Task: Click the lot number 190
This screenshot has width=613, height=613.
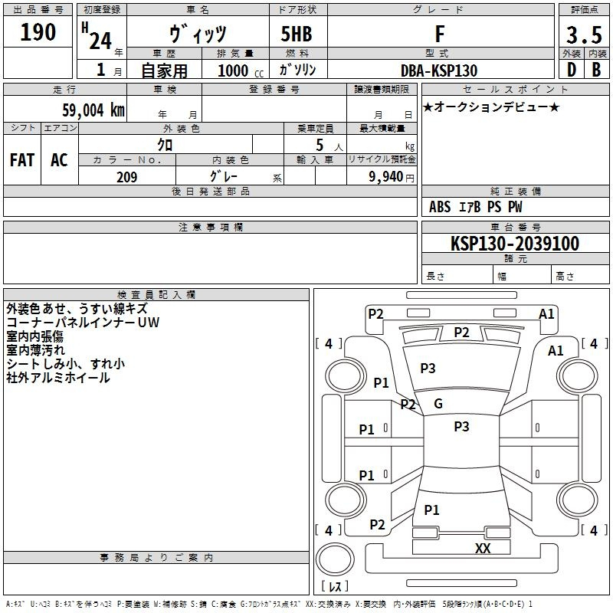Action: tap(38, 32)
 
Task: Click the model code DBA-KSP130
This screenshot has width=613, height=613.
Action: tap(439, 70)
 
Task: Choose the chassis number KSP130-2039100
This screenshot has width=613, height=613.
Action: tap(515, 244)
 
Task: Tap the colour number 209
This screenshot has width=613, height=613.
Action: tap(126, 177)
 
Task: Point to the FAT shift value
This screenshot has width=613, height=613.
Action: tap(22, 159)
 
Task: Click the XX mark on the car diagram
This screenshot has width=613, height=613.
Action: tap(483, 548)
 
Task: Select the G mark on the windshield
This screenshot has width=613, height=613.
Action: tap(438, 404)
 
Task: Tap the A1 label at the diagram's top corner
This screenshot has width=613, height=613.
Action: tap(546, 313)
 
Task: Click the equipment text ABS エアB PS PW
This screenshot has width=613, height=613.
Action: tap(476, 207)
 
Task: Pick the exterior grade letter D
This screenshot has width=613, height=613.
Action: tap(571, 70)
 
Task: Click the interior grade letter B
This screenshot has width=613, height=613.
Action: tap(596, 70)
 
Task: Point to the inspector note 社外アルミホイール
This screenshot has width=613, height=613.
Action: tap(58, 378)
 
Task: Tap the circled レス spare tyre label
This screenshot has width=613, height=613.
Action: tap(334, 586)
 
